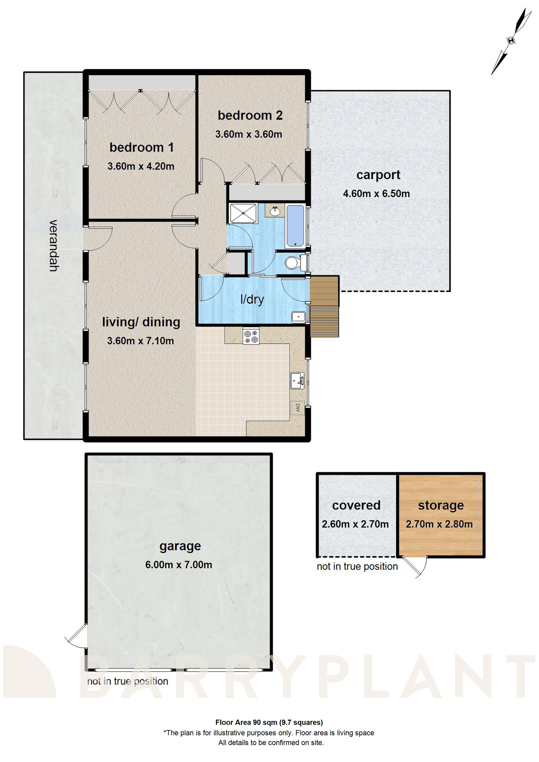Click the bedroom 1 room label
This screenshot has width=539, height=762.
pyautogui.click(x=141, y=147)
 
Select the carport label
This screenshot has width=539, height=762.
pyautogui.click(x=378, y=175)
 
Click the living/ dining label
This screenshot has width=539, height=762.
pyautogui.click(x=141, y=322)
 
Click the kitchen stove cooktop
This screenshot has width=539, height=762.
pyautogui.click(x=251, y=336)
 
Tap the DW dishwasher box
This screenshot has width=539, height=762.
pyautogui.click(x=297, y=408)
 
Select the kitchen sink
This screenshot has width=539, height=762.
pyautogui.click(x=297, y=381)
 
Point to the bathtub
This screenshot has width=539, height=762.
pyautogui.click(x=295, y=226)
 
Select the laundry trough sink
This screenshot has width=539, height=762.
pyautogui.click(x=298, y=317)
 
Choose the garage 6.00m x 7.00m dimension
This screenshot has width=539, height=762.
pyautogui.click(x=178, y=565)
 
